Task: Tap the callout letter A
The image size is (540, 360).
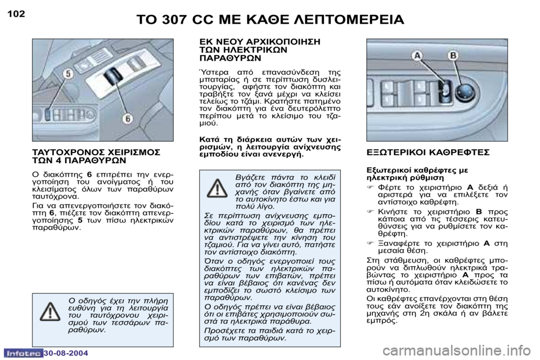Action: click(417, 56)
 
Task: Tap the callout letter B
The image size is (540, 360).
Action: click(453, 56)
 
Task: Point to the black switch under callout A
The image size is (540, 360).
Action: click(444, 91)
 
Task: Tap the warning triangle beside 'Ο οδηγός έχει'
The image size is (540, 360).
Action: click(50, 310)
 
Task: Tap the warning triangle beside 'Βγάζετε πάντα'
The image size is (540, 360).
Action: click(217, 188)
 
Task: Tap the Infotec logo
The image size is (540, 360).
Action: click(22, 353)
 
